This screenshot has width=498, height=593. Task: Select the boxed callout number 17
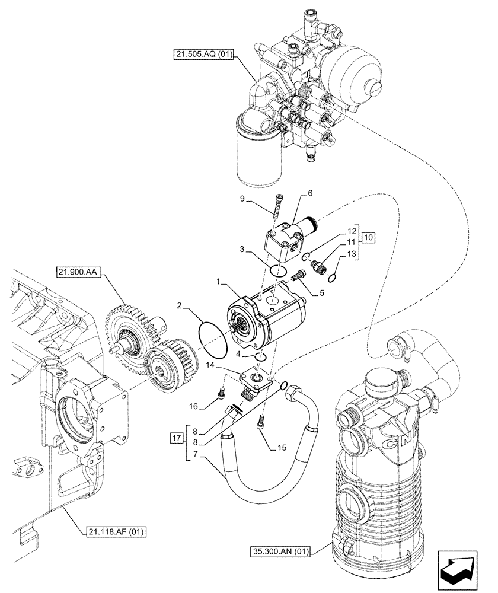(x=175, y=439)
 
